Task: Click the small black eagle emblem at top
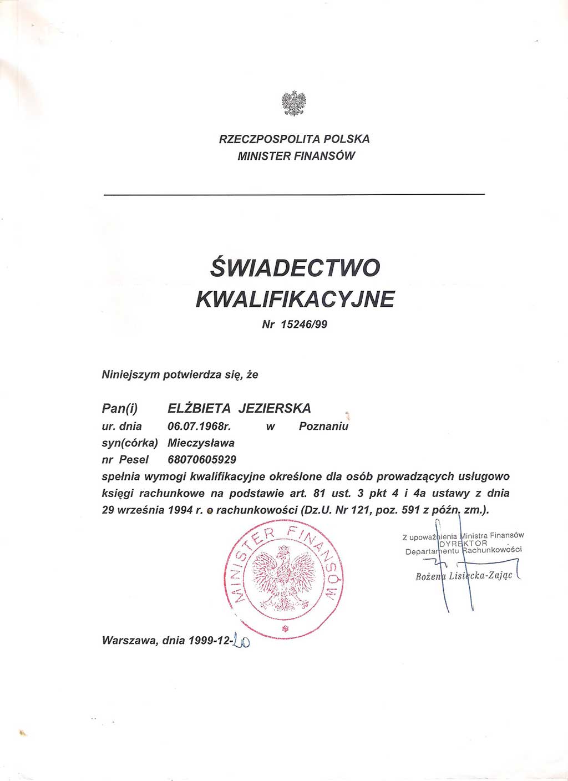click(x=294, y=104)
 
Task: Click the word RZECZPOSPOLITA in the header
click(x=269, y=139)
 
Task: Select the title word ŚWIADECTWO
click(x=295, y=268)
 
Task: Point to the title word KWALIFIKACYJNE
click(x=295, y=300)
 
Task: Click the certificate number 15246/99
click(x=304, y=324)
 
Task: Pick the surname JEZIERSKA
click(x=275, y=409)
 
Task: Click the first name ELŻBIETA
click(x=199, y=409)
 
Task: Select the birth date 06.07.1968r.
click(x=199, y=427)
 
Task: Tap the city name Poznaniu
click(x=323, y=427)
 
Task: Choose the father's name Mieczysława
click(x=201, y=443)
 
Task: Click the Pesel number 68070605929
click(x=202, y=460)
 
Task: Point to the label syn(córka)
click(x=130, y=443)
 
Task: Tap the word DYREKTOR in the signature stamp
click(x=463, y=544)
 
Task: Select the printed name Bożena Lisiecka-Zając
click(x=464, y=576)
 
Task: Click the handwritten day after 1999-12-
click(x=241, y=641)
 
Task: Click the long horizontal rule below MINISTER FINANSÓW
click(x=294, y=194)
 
